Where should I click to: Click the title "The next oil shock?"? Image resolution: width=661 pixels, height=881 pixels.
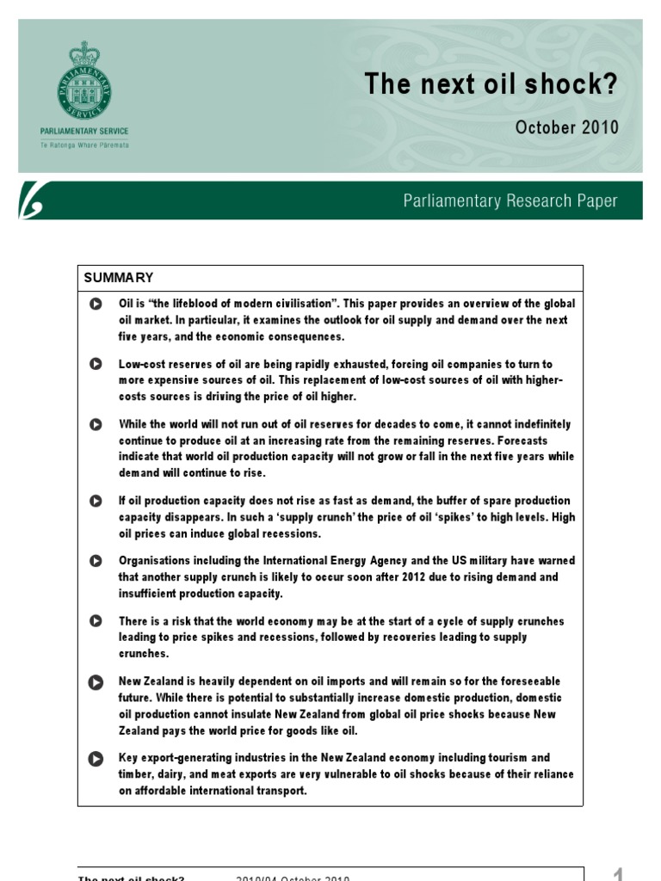[491, 84]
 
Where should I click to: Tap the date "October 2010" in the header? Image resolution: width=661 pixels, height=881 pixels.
[566, 127]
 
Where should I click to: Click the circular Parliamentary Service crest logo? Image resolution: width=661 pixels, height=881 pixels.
[84, 82]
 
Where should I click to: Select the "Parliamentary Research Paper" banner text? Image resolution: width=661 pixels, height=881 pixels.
[510, 201]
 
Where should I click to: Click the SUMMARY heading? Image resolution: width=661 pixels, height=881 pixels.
[119, 278]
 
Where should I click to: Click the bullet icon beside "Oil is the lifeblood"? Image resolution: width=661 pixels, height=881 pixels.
[95, 304]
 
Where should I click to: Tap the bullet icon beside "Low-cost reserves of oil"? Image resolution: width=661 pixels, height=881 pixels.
[95, 364]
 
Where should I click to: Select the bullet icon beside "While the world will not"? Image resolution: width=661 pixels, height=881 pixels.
[95, 424]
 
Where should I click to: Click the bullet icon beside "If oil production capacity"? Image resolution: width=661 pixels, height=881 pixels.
[95, 501]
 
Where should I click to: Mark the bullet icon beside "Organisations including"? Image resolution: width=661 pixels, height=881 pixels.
[95, 561]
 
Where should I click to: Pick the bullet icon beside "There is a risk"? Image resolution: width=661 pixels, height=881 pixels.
[95, 621]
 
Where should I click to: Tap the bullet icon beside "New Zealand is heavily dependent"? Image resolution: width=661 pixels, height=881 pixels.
[95, 681]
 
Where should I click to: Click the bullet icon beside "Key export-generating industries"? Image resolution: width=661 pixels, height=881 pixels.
[95, 758]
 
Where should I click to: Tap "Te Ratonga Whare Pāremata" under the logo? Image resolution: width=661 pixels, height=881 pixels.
[84, 145]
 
